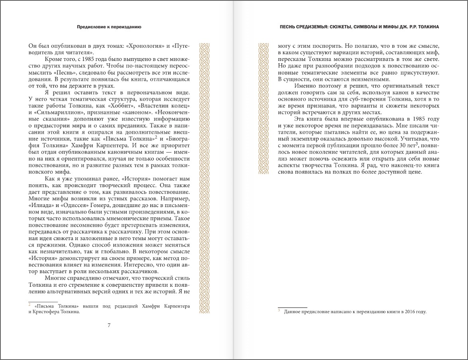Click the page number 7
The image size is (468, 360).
click(x=109, y=325)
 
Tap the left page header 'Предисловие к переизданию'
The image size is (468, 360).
click(x=109, y=27)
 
